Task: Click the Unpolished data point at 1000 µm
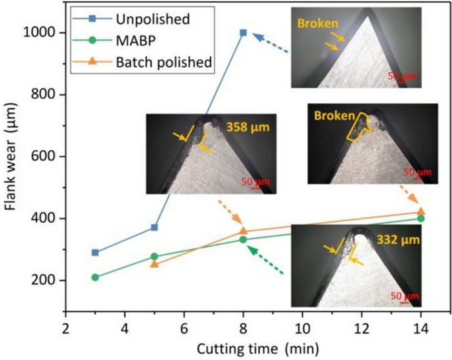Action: point(243,32)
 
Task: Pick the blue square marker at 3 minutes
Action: point(95,252)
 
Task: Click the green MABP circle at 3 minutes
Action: point(95,277)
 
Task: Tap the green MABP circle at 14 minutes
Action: point(421,219)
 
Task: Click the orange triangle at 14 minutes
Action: point(421,212)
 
